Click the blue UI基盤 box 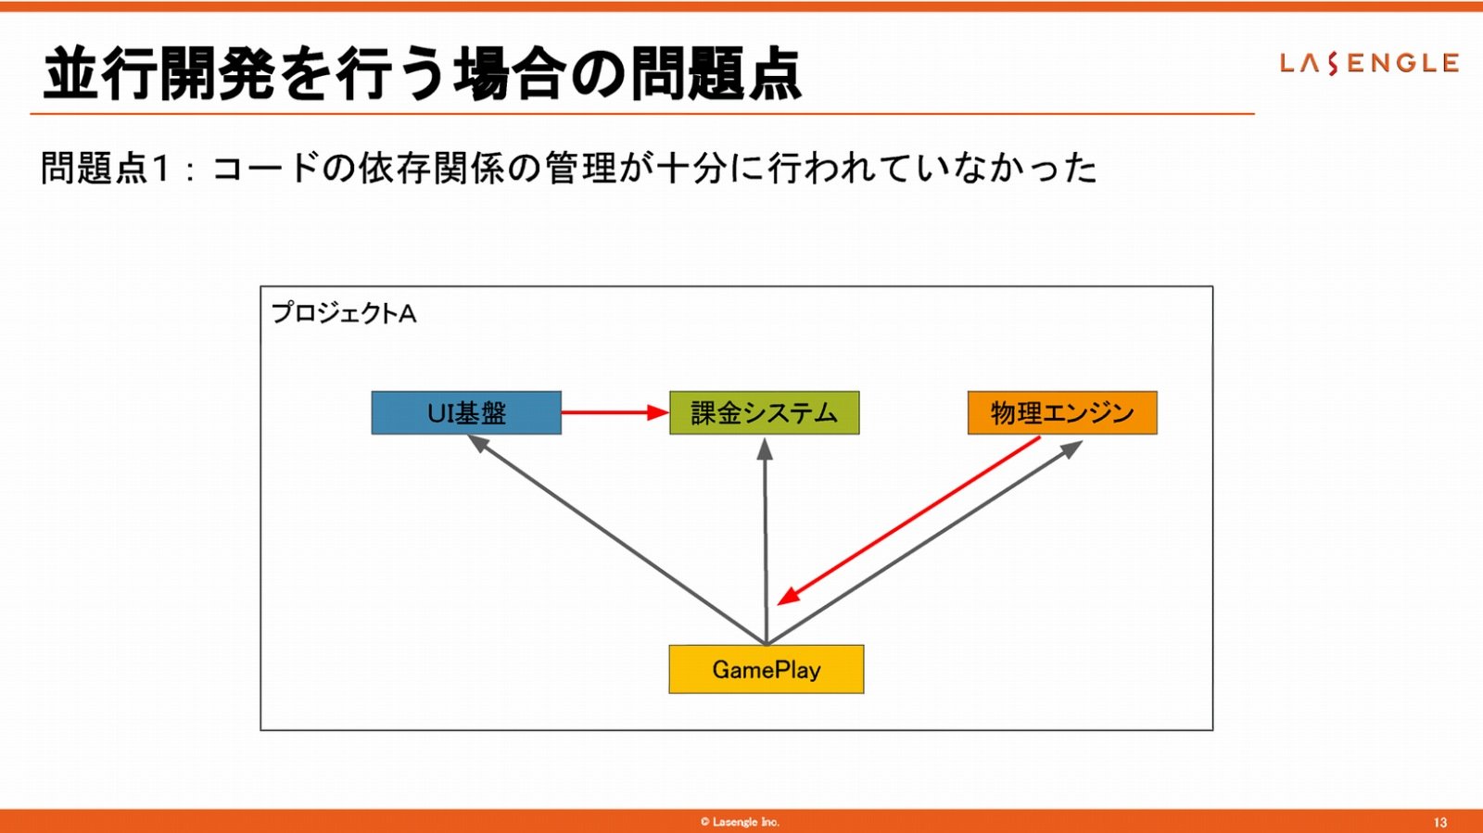(466, 413)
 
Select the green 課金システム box (765, 413)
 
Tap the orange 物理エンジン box (1062, 413)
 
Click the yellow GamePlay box (767, 669)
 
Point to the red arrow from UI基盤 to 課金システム (615, 413)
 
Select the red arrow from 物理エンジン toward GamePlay (908, 521)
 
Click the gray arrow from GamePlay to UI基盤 (616, 539)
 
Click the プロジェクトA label (344, 313)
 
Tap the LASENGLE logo (1369, 63)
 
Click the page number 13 (1440, 823)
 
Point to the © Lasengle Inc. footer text (741, 822)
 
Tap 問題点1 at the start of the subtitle (106, 168)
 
